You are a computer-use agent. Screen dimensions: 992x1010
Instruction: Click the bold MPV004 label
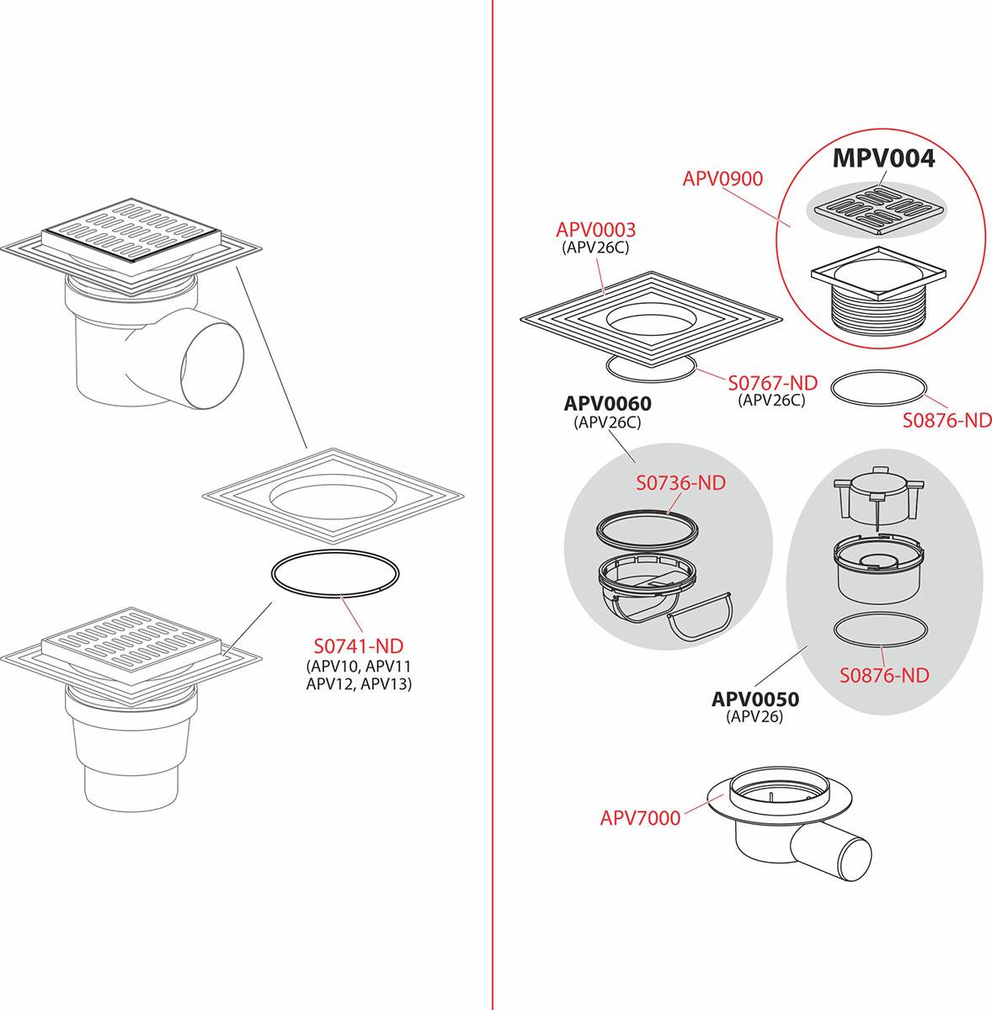pyautogui.click(x=883, y=158)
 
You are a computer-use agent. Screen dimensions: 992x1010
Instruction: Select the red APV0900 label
pyautogui.click(x=723, y=179)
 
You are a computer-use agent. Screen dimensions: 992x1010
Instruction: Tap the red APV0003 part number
pyautogui.click(x=595, y=230)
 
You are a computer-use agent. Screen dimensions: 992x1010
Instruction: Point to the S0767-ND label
pyautogui.click(x=772, y=383)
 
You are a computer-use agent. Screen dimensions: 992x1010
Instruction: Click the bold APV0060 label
pyautogui.click(x=607, y=404)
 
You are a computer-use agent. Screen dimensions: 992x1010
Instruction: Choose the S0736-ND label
pyautogui.click(x=681, y=483)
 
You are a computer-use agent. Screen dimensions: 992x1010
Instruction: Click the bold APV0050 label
pyautogui.click(x=755, y=699)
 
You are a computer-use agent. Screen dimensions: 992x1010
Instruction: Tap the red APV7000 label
pyautogui.click(x=640, y=818)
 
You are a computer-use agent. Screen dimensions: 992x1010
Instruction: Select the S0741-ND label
pyautogui.click(x=359, y=646)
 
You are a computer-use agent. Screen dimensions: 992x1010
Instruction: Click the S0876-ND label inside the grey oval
pyautogui.click(x=884, y=675)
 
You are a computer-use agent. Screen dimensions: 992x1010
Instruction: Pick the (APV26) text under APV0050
pyautogui.click(x=755, y=716)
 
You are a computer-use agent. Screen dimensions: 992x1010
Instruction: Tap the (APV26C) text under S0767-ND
pyautogui.click(x=771, y=401)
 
